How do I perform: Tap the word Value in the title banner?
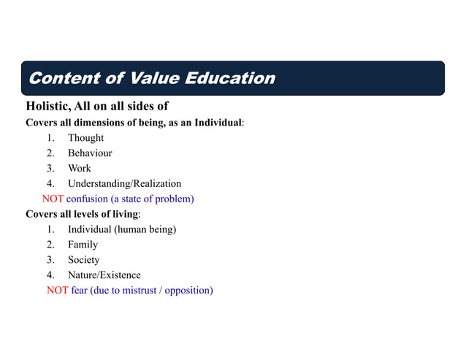153,78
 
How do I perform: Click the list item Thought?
85,138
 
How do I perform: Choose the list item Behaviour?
90,153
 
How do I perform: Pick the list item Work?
80,169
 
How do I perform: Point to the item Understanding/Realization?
124,183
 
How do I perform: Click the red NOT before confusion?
53,199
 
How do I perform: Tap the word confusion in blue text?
87,199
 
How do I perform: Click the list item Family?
83,245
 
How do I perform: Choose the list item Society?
84,260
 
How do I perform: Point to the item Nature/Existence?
104,275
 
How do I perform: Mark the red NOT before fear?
58,291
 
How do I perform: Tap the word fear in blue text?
79,291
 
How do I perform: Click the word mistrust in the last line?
137,291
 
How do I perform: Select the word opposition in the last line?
188,291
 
